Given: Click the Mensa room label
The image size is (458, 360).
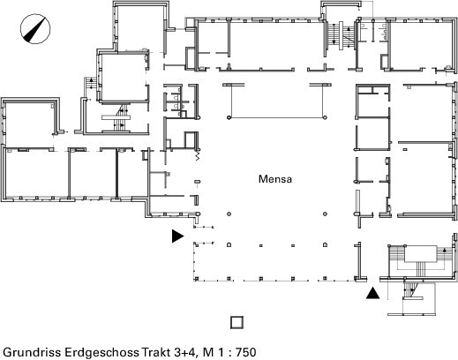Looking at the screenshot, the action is click(275, 179).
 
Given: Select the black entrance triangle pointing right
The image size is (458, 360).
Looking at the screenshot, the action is click(177, 236).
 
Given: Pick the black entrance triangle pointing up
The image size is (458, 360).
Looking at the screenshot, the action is click(372, 293).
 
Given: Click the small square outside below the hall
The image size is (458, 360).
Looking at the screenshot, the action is click(237, 322).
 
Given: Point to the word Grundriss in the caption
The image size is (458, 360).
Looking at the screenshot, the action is click(32, 352).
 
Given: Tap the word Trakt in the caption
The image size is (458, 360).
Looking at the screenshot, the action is click(156, 352).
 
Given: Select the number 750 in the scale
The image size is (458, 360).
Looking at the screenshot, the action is click(246, 352).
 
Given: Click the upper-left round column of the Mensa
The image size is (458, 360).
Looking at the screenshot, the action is click(229, 117).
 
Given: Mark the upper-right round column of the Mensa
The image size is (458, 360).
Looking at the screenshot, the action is click(325, 117).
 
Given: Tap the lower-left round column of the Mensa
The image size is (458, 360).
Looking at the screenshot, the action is click(229, 214).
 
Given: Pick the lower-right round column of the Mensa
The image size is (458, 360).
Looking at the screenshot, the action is click(325, 214).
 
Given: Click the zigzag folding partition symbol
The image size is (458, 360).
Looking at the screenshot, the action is click(198, 155).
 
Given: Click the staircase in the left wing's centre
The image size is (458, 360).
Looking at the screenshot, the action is click(116, 117).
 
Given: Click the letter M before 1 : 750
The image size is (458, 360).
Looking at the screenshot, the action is click(208, 352).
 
